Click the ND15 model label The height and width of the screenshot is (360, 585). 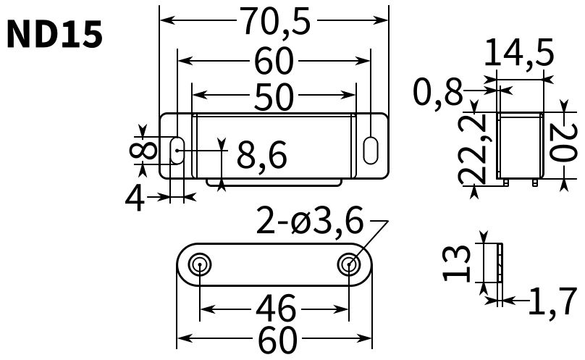[54, 35]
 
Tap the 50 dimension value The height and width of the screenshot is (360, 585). [274, 97]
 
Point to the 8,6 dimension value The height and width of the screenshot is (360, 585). [262, 155]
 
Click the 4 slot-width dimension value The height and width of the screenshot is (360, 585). [135, 199]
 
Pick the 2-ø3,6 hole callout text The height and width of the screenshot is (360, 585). [310, 221]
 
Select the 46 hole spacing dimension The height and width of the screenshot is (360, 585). [276, 309]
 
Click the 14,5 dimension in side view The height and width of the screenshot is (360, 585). [519, 53]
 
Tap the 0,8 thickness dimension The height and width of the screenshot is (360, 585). [437, 92]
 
